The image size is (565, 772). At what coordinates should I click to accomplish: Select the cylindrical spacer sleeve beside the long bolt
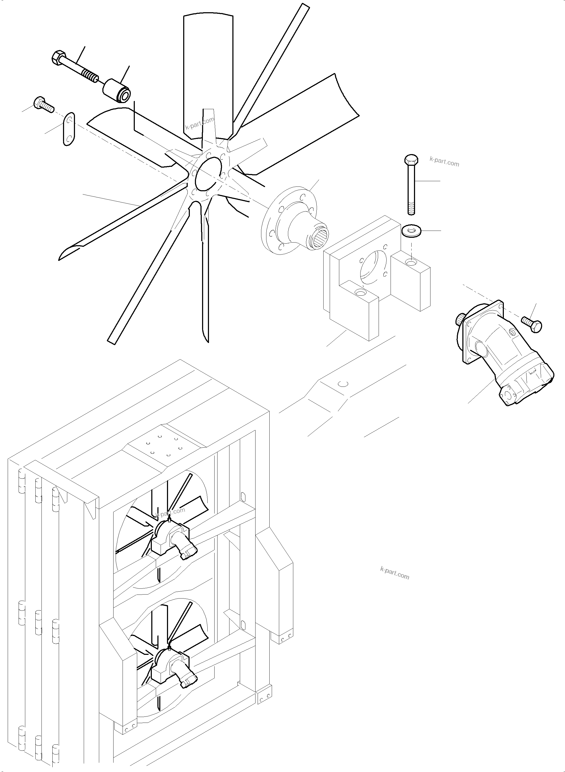[x=116, y=91]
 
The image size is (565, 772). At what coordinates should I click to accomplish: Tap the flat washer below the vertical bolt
[x=411, y=231]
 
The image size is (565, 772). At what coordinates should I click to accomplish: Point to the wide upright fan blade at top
[x=208, y=72]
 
